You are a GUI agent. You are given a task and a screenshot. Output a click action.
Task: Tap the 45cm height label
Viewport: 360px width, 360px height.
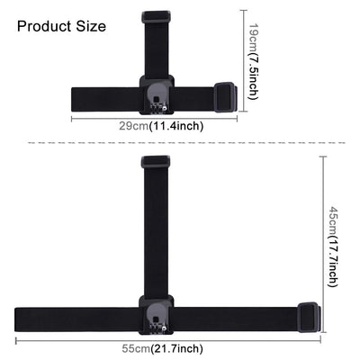pyautogui.click(x=332, y=219)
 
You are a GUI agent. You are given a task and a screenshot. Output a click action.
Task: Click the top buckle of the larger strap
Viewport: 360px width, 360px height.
pyautogui.click(x=156, y=163)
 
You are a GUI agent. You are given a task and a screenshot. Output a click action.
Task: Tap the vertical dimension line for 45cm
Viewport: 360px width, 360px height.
pyautogui.click(x=322, y=243)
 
